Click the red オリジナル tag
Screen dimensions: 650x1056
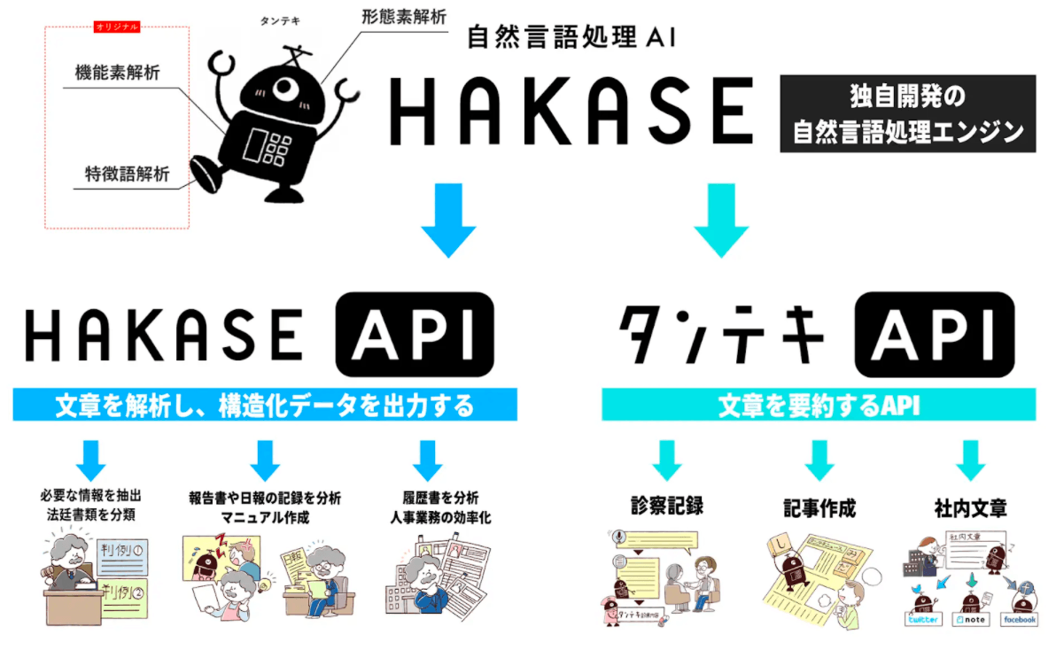pyautogui.click(x=116, y=27)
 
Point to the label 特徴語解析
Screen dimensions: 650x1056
pyautogui.click(x=121, y=174)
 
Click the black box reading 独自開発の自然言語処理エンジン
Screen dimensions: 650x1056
pyautogui.click(x=907, y=112)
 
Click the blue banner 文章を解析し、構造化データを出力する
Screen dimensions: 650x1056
pyautogui.click(x=265, y=406)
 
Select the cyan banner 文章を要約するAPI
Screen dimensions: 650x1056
pyautogui.click(x=819, y=406)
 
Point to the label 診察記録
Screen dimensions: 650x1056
pyautogui.click(x=667, y=507)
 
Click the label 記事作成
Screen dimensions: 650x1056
pyautogui.click(x=819, y=508)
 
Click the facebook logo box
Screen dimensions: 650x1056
pyautogui.click(x=1018, y=619)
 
